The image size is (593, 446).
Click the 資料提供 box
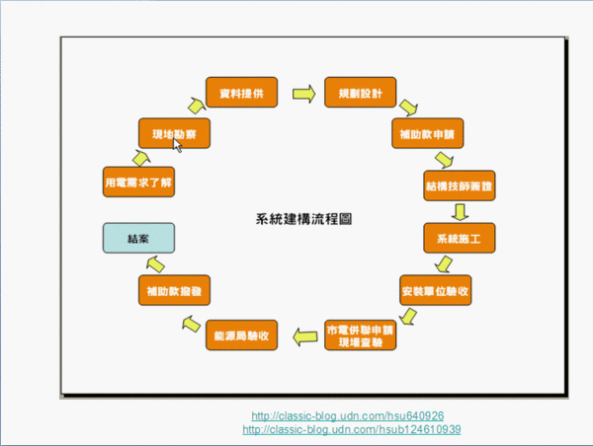(x=241, y=93)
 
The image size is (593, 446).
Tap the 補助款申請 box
(x=427, y=132)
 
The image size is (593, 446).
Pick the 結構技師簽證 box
(x=458, y=184)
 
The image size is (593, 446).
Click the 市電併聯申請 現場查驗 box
(x=360, y=335)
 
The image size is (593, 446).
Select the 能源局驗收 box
(x=241, y=336)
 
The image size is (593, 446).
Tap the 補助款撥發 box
(x=172, y=291)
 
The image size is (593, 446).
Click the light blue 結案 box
(x=138, y=238)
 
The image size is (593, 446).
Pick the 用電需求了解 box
(x=138, y=184)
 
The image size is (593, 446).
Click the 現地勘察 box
(x=172, y=132)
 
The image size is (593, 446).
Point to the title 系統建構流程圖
(x=303, y=218)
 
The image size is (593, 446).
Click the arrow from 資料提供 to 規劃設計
(x=302, y=94)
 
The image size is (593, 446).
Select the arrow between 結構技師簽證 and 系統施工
(x=459, y=211)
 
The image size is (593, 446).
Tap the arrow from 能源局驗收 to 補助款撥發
(x=189, y=324)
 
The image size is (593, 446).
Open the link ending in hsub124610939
(x=351, y=430)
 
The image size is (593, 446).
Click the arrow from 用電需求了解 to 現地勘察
(x=140, y=156)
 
